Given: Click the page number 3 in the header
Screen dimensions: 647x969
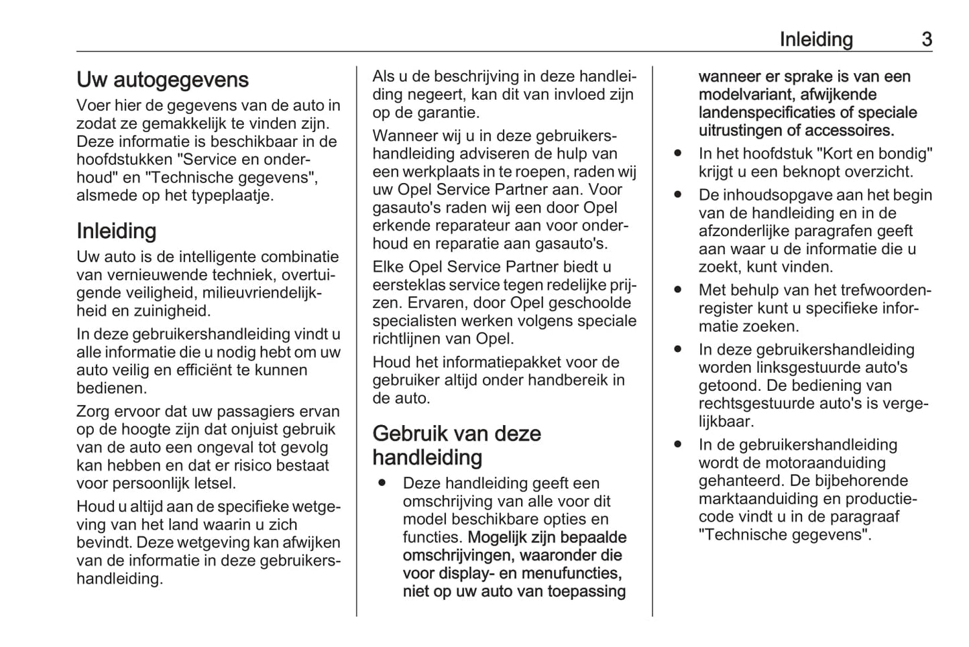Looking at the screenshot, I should pos(926,40).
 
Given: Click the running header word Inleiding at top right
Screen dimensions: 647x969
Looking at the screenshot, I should pos(815,40).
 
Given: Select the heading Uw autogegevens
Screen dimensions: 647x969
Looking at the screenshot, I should pos(162,80).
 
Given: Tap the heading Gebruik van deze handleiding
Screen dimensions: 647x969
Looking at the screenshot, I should pos(457,445).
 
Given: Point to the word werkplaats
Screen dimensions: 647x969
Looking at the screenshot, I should pos(441,172).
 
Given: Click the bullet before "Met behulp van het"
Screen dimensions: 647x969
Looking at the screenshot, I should pos(678,290).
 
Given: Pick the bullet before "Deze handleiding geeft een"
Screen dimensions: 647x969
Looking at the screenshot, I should pos(382,483).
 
